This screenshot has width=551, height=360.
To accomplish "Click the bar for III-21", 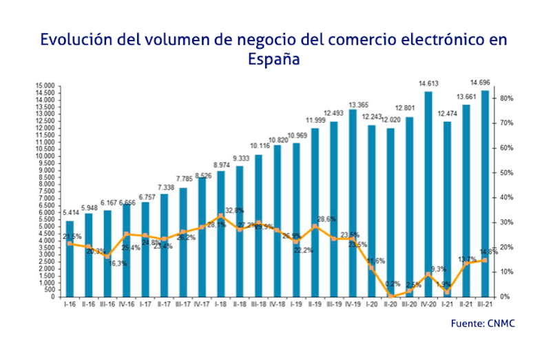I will (485, 193).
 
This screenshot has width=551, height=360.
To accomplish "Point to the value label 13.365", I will (353, 105).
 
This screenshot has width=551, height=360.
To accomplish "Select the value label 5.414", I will (70, 213).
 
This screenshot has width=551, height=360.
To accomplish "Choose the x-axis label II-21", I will (466, 304).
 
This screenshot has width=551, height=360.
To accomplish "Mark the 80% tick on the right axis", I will (506, 98).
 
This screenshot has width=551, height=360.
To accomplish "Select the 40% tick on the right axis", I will (506, 198).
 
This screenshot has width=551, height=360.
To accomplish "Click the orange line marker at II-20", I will (391, 296).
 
